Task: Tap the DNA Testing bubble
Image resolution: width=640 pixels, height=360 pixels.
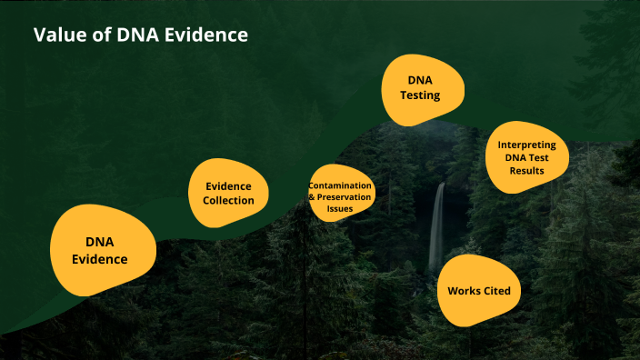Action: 423,89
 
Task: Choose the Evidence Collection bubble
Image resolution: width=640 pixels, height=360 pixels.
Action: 228,193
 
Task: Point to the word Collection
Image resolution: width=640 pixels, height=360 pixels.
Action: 228,200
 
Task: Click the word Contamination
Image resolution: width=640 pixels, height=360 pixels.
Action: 341,185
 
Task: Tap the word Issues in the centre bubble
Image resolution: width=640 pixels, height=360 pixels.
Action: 341,208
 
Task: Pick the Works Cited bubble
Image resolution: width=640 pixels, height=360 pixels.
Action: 479,291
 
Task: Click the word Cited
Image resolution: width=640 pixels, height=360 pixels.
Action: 495,291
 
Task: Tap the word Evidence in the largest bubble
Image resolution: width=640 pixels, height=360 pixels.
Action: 100,259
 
